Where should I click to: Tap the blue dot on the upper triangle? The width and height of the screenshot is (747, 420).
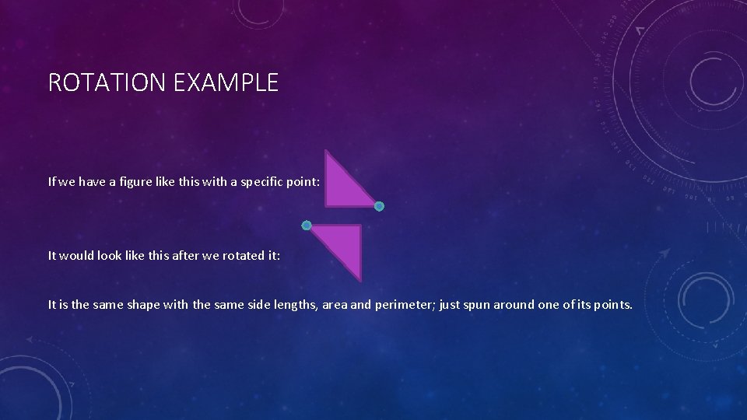click(x=379, y=206)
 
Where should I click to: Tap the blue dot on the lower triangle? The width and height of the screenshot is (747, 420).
click(x=307, y=226)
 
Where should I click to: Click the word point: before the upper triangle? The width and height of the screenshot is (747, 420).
click(x=305, y=182)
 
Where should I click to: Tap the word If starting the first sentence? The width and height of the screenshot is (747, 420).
click(x=52, y=182)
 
